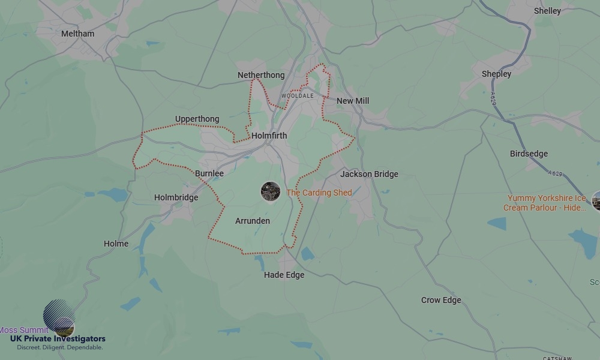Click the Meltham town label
78,34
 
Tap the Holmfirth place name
269,136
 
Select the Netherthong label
261,75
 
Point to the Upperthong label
197,119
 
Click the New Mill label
353,101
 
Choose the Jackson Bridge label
369,174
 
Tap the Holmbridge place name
176,197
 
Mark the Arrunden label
253,221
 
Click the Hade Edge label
284,275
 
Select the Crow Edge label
441,300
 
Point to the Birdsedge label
529,154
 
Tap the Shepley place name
497,74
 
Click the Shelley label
547,11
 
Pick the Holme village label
116,244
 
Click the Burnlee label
209,173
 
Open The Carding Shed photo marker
271,192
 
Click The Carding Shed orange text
319,193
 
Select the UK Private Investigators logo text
58,339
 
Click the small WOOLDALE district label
298,96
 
